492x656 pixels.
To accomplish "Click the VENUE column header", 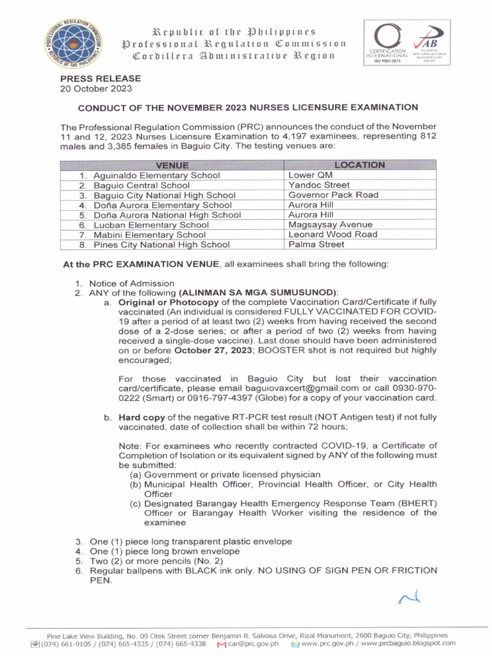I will pos(172,165).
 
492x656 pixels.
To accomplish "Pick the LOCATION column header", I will pos(359,165).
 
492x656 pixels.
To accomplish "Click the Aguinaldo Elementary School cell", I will pos(156,176).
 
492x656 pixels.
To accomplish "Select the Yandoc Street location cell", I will pos(318,185).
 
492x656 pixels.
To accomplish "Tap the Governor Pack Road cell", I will pos(333,195).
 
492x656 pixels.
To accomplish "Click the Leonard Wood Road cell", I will pos(332,234).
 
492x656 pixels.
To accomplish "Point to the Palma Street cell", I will pos(316,244).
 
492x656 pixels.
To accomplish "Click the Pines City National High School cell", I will pos(161,245).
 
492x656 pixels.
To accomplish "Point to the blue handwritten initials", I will pos(409,598).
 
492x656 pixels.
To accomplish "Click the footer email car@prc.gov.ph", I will pos(253,643).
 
